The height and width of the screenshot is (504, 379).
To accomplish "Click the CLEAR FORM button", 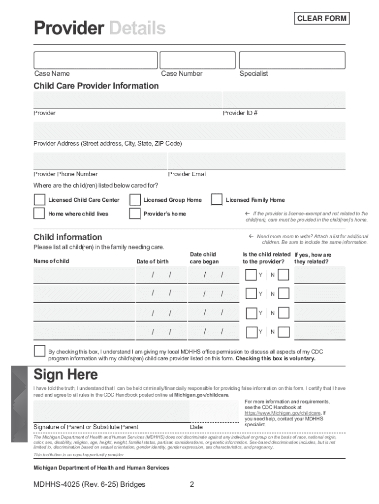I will tap(321, 19).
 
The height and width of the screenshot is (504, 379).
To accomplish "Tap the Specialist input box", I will tap(292, 60).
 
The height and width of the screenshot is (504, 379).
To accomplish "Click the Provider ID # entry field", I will tap(284, 99).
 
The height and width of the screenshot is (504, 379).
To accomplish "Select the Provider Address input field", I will tap(189, 130).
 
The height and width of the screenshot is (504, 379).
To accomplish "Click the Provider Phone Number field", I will tap(99, 161).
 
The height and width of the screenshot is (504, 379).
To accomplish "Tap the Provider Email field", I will tap(256, 161).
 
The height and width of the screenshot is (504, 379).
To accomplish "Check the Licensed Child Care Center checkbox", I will tap(39, 200).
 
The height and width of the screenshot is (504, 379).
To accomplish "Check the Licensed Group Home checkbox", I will tap(135, 200).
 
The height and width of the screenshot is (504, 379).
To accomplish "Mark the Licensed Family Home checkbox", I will tap(217, 200).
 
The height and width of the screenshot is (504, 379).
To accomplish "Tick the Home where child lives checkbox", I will tap(39, 214).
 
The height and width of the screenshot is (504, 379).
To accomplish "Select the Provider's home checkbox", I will tap(135, 214).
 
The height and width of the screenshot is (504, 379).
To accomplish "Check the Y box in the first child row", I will tap(251, 275).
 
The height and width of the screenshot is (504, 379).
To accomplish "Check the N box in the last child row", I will tap(283, 332).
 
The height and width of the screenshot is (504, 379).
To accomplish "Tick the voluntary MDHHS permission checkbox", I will tap(39, 351).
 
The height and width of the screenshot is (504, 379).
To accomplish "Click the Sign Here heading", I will tap(65, 375).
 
